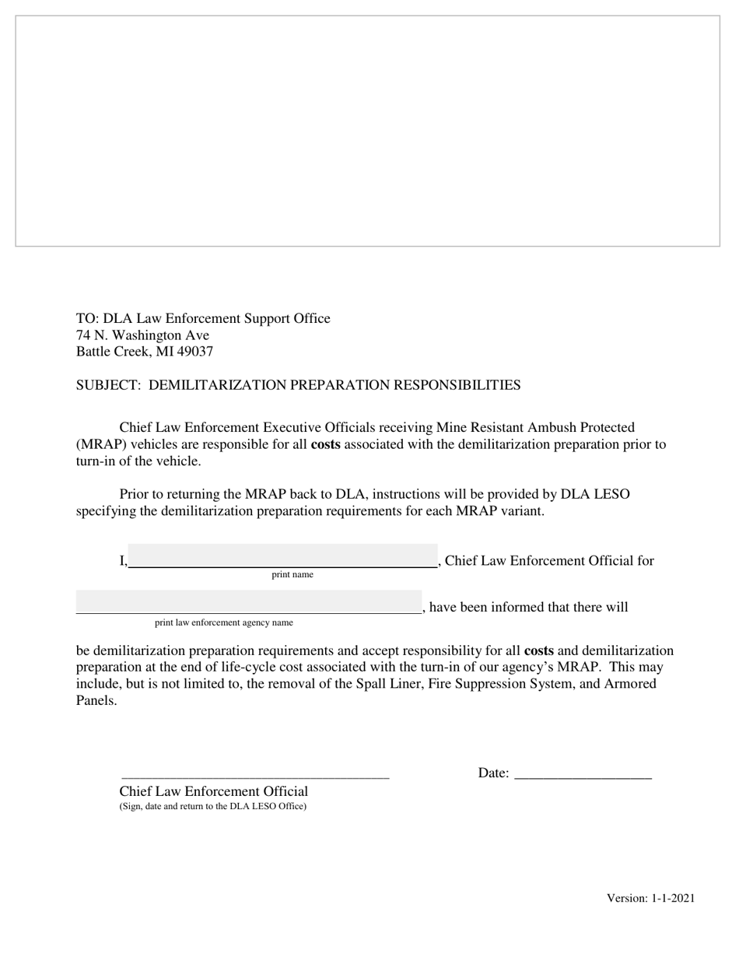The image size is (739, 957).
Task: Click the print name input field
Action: point(282,556)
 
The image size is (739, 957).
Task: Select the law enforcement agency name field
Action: point(248,603)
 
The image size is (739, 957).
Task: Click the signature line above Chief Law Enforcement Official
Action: point(255,775)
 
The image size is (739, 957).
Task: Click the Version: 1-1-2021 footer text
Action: point(650,899)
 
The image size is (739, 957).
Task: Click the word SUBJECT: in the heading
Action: point(110,385)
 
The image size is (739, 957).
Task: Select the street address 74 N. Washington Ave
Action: point(142,335)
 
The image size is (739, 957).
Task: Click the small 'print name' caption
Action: point(292,575)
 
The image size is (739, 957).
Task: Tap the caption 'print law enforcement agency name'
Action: point(224,622)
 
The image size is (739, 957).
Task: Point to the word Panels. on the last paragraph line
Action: point(96,700)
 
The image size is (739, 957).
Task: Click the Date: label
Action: point(493,773)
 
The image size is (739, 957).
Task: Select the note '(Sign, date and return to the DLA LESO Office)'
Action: point(212,807)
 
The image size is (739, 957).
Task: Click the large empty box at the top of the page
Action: point(367,131)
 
